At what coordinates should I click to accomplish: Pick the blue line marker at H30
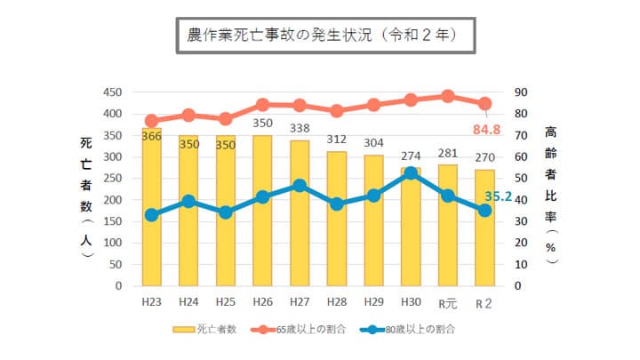pyautogui.click(x=411, y=174)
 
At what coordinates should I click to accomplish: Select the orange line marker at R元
pyautogui.click(x=448, y=96)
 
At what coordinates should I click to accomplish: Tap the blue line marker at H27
pyautogui.click(x=300, y=186)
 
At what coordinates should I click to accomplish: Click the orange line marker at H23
pyautogui.click(x=151, y=121)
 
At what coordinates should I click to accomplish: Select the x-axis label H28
pyautogui.click(x=337, y=302)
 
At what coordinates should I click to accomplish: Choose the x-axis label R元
pyautogui.click(x=448, y=302)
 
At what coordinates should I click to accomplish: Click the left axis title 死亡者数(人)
pyautogui.click(x=85, y=197)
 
